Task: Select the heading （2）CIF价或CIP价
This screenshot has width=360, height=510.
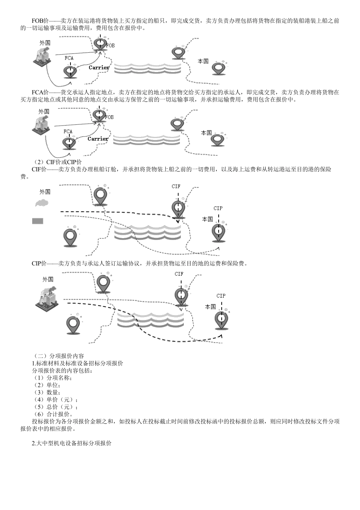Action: [58, 162]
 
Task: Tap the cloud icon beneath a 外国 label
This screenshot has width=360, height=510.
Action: [42, 203]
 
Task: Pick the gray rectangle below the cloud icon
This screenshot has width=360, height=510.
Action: [38, 221]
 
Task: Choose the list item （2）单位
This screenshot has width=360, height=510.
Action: [47, 385]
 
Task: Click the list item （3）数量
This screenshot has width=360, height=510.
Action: [47, 392]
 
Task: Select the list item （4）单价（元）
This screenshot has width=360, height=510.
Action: [55, 399]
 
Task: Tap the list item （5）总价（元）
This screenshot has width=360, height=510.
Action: [55, 407]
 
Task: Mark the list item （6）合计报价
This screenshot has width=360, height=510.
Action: [53, 414]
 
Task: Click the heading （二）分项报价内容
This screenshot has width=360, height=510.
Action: [58, 356]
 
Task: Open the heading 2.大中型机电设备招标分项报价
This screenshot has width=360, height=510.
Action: [72, 443]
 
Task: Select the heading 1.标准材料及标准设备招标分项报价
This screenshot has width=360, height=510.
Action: [77, 363]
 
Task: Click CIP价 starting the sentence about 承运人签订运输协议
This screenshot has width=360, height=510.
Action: [39, 264]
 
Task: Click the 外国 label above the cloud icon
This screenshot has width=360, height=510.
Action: [45, 192]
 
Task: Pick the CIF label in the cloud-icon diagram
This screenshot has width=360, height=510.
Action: [176, 186]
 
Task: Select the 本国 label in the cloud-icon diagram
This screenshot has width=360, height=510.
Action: [207, 219]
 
